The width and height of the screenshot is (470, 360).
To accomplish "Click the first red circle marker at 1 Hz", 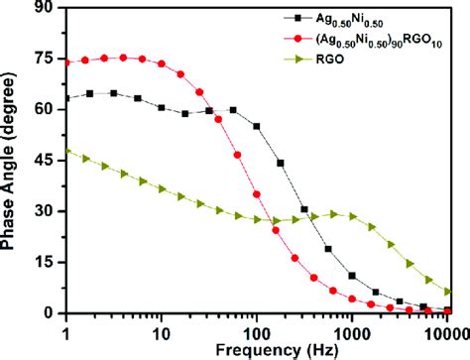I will [x=66, y=61].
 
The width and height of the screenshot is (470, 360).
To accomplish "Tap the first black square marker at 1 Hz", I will [x=66, y=98].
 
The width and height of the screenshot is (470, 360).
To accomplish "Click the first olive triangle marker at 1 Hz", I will [x=66, y=152].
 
